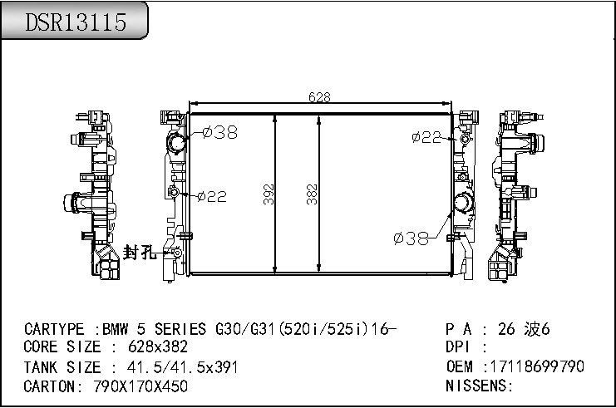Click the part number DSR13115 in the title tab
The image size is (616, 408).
76,22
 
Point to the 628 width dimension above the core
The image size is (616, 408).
319,97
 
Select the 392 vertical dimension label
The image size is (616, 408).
269,194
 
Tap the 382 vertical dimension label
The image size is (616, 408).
312,194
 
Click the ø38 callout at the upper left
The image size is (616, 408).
220,132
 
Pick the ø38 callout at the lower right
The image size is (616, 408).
411,238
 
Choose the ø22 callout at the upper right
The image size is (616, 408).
426,137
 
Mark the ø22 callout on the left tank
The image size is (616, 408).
212,196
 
